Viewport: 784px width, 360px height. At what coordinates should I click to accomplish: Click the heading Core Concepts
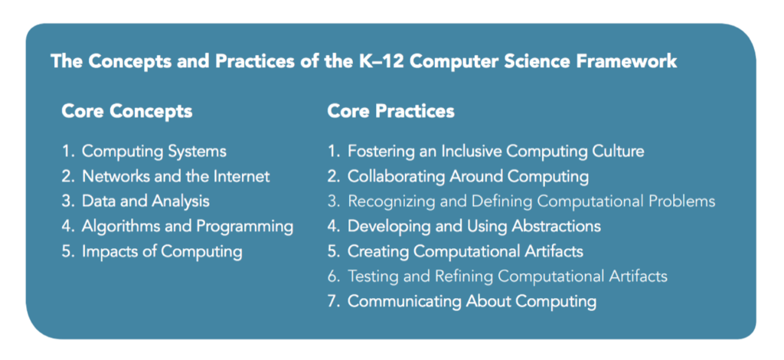click(x=126, y=111)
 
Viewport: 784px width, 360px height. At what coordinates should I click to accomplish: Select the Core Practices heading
click(x=390, y=111)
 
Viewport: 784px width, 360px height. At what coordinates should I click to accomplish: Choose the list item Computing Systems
click(x=154, y=152)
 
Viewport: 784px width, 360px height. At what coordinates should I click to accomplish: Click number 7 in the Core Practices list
click(x=333, y=301)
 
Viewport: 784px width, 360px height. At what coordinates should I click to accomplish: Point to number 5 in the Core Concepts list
click(x=67, y=251)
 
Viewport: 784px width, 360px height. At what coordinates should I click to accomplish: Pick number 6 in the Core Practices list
click(x=333, y=277)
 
